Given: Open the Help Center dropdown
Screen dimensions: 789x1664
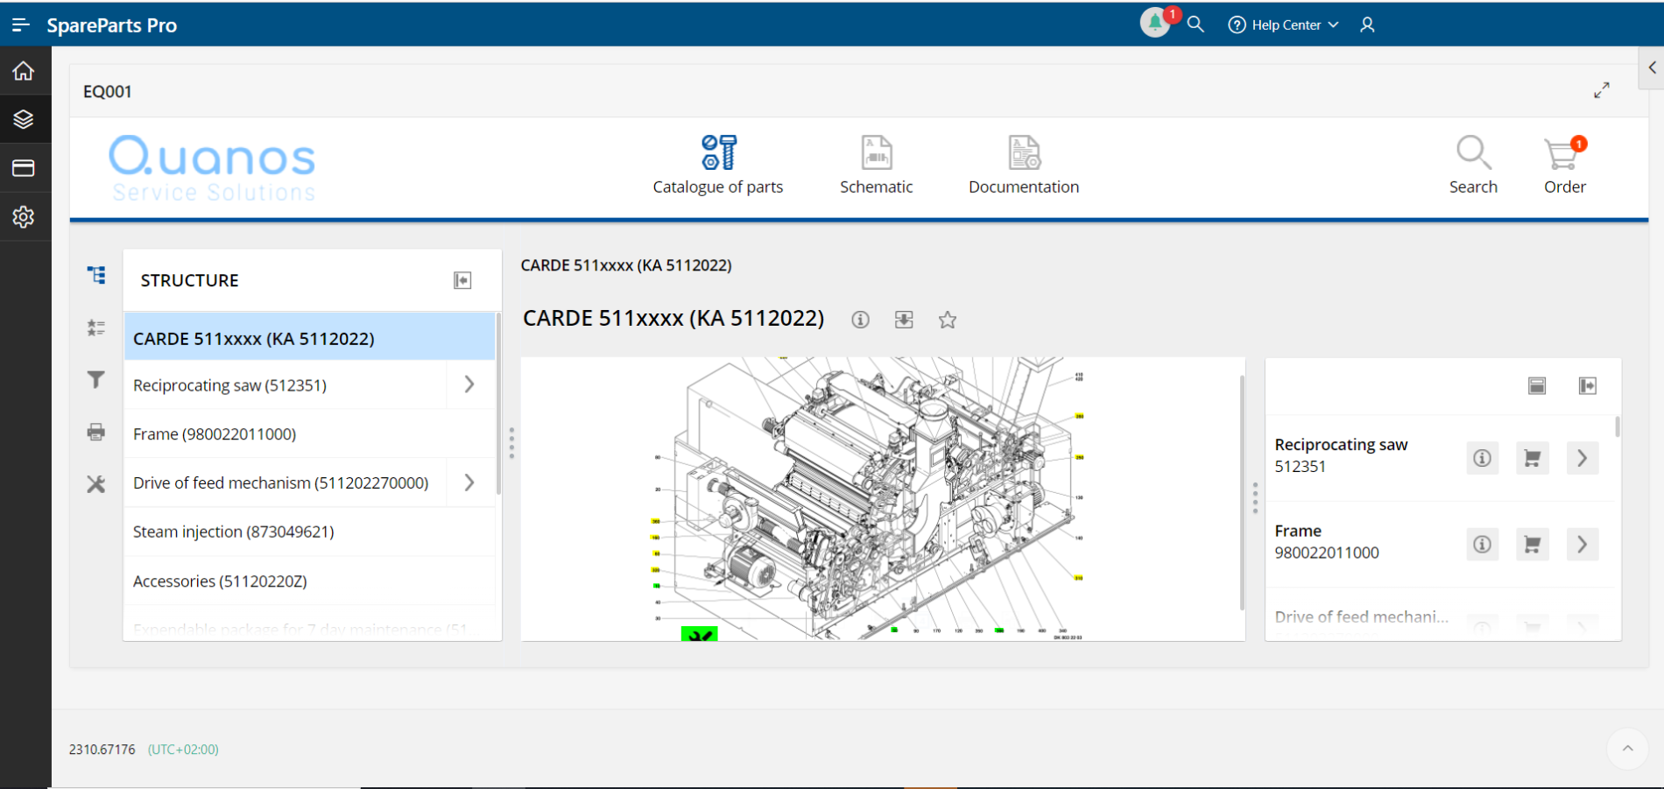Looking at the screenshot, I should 1284,25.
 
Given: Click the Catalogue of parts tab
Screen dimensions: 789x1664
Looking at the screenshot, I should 718,165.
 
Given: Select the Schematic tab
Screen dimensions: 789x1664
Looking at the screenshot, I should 876,165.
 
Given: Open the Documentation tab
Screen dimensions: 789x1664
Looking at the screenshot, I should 1023,165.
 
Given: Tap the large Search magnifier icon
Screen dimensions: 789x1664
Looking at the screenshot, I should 1473,154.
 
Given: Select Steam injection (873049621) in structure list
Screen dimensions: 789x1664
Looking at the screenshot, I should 234,532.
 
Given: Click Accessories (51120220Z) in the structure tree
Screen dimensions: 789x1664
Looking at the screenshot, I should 220,581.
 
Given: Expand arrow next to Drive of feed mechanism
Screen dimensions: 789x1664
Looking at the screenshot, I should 469,483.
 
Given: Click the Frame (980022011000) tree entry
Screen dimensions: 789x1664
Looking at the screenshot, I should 215,433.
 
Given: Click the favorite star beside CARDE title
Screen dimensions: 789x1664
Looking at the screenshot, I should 947,320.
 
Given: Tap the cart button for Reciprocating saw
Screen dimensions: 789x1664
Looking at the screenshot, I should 1532,458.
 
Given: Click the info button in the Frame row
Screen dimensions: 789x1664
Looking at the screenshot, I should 1482,544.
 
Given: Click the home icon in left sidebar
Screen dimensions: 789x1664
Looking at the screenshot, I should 24,71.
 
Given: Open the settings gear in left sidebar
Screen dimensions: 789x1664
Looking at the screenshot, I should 24,216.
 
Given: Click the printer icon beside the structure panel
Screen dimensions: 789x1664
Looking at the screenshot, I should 96,432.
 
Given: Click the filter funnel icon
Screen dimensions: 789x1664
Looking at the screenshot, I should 96,379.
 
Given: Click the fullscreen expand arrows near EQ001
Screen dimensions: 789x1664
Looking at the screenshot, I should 1601,90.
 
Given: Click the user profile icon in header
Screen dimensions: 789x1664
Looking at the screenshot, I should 1367,25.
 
